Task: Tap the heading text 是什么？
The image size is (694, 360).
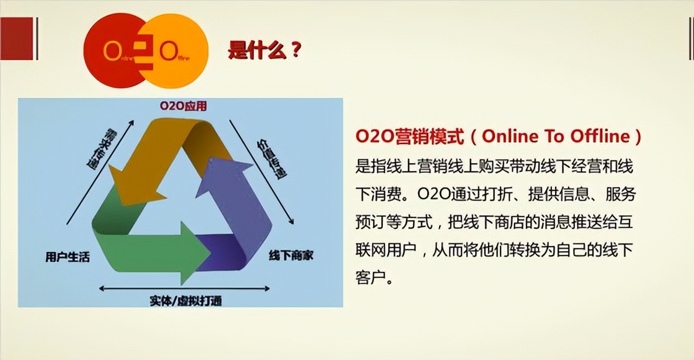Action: (x=265, y=51)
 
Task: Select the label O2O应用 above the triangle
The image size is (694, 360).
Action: (x=183, y=106)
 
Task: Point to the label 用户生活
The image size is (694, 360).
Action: (x=67, y=257)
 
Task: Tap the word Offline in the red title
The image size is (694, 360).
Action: (x=600, y=137)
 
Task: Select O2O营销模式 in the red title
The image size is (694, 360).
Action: (x=410, y=137)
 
